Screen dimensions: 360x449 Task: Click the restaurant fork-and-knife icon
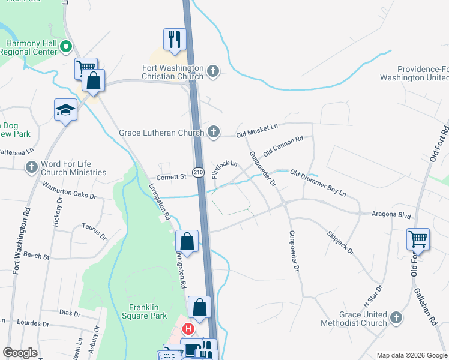(x=175, y=40)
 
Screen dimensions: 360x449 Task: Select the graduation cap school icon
(x=66, y=110)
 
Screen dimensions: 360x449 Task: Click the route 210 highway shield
(x=198, y=173)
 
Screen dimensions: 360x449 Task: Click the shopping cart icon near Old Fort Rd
(x=418, y=239)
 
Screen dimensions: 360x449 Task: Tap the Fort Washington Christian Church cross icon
(x=212, y=73)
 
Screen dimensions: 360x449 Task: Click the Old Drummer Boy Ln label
(x=318, y=183)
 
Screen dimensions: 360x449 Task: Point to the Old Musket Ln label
(x=257, y=130)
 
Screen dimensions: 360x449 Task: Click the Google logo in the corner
(x=20, y=353)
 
